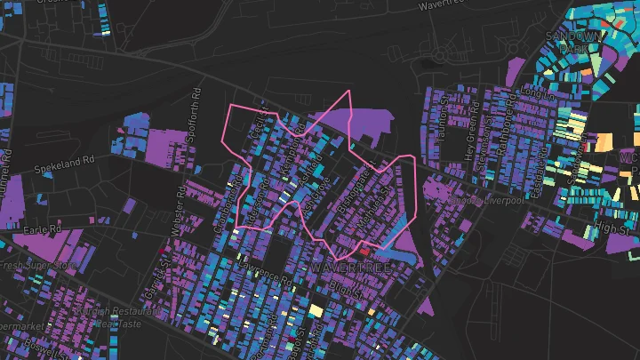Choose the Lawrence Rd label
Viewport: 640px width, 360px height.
pos(264,276)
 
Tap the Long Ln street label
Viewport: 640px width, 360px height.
pos(532,92)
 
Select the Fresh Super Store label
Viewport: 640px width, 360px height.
pos(26,264)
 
